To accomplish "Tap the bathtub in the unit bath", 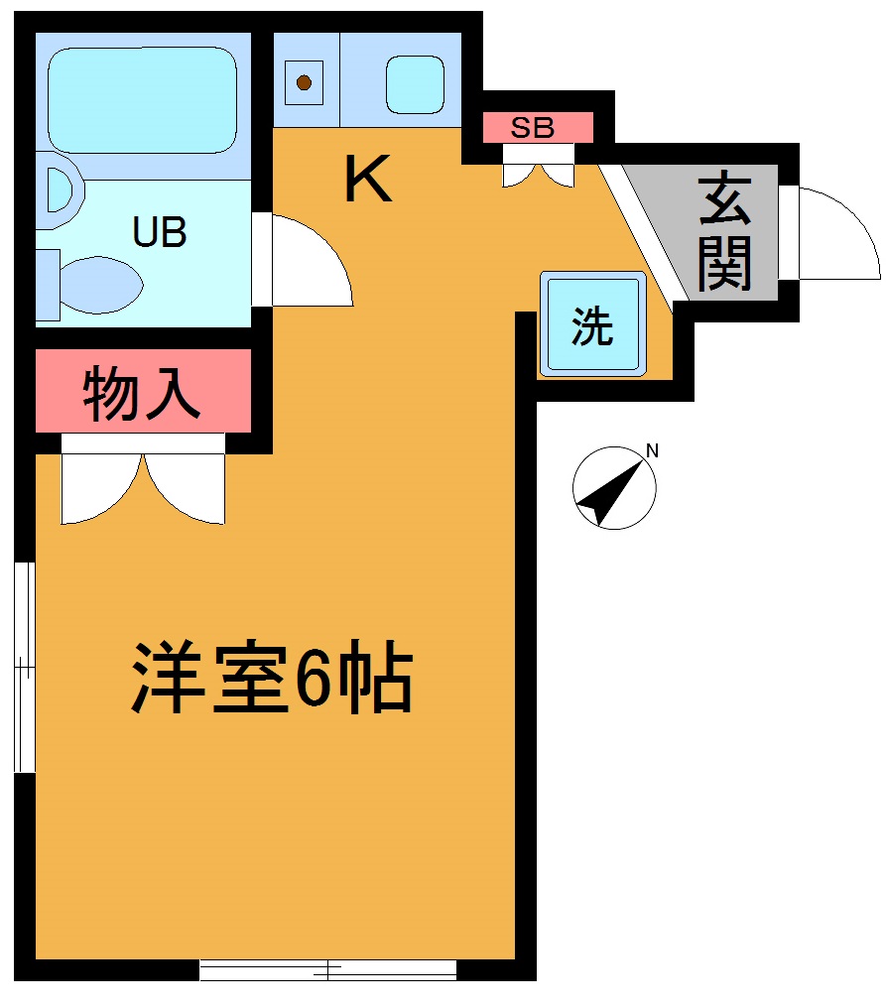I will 143,99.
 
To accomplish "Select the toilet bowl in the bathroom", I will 99,282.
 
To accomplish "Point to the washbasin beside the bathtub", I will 59,189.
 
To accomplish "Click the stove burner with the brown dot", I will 305,82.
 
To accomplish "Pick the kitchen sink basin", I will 414,83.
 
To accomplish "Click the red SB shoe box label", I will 537,127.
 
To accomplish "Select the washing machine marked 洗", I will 592,325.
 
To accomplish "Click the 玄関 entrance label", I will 724,234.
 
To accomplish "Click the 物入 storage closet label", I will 143,392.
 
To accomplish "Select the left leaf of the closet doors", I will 99,486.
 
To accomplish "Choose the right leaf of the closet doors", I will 189,486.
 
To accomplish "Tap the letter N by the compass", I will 652,451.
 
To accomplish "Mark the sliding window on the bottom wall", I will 327,969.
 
